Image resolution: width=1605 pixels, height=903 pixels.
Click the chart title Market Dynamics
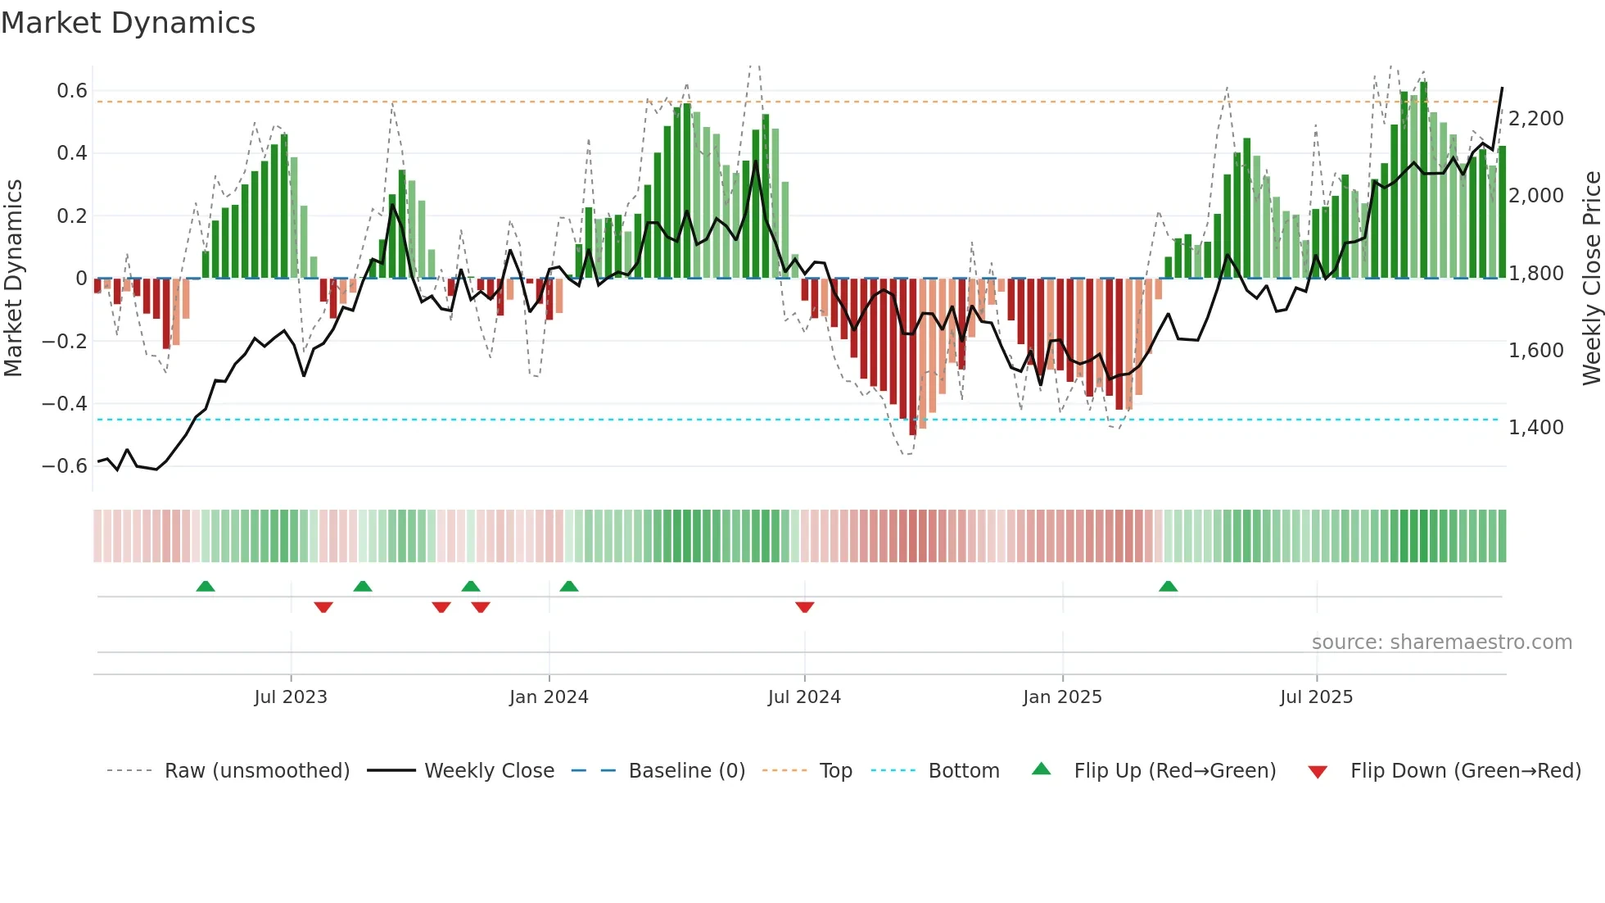pyautogui.click(x=129, y=23)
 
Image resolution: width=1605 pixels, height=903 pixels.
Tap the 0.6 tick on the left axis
pyautogui.click(x=72, y=91)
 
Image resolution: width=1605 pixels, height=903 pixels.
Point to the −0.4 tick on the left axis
pyautogui.click(x=65, y=404)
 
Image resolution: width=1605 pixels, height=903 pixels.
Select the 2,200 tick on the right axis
pyautogui.click(x=1536, y=119)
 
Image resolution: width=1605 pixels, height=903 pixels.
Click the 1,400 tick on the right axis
pyautogui.click(x=1536, y=428)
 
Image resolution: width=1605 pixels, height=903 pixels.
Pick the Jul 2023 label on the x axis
pyautogui.click(x=291, y=697)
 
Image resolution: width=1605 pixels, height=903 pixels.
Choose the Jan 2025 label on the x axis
pyautogui.click(x=1062, y=697)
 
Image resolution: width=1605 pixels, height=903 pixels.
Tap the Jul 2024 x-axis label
pyautogui.click(x=804, y=697)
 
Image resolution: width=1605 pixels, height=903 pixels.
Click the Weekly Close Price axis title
pyautogui.click(x=1591, y=279)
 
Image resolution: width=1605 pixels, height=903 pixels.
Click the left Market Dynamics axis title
pyautogui.click(x=14, y=279)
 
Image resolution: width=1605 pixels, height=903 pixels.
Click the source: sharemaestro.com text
pyautogui.click(x=1441, y=642)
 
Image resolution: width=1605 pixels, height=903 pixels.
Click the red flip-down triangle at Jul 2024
pyautogui.click(x=805, y=607)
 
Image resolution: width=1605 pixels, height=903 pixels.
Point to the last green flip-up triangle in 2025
pyautogui.click(x=1169, y=586)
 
